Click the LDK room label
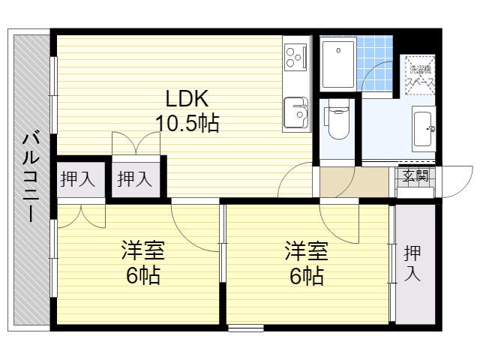(187, 98)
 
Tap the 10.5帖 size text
(187, 123)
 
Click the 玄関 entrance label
(415, 175)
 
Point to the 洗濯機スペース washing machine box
(420, 75)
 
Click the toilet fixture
(338, 119)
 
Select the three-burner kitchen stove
(295, 56)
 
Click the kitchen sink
(296, 112)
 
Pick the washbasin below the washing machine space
(424, 129)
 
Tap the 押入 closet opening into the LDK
(136, 179)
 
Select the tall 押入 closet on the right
(415, 264)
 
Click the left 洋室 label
(143, 250)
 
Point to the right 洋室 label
(307, 250)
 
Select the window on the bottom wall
(246, 328)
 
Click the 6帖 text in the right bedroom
(307, 275)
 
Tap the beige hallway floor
(354, 182)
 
